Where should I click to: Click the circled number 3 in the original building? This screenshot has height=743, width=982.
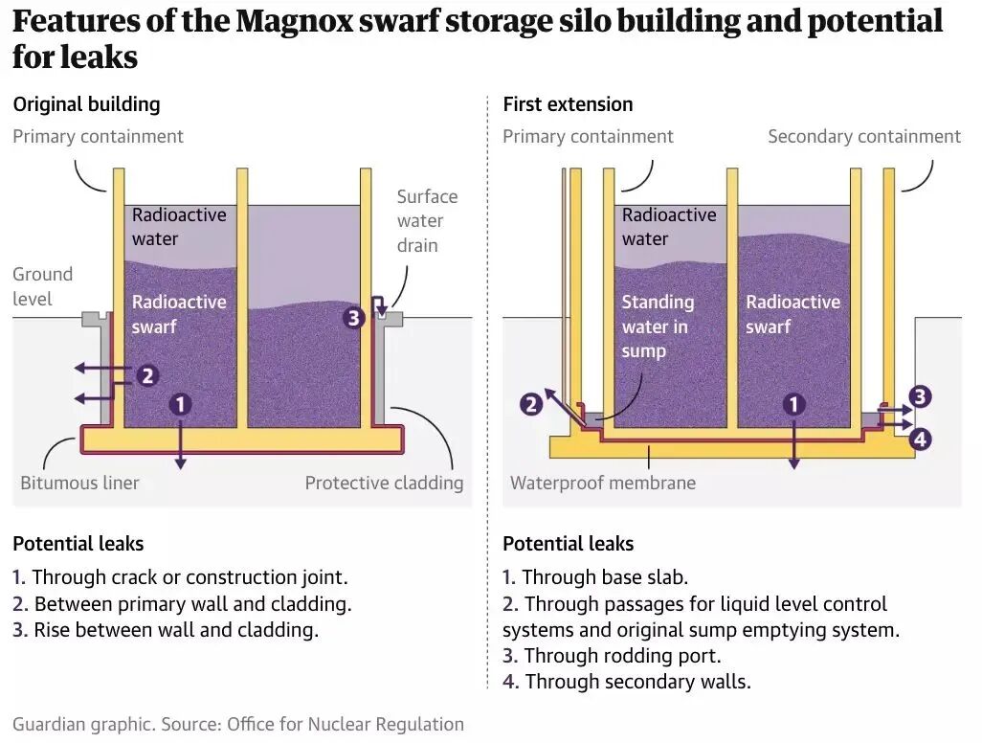point(354,317)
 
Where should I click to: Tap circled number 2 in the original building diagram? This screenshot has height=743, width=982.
point(147,375)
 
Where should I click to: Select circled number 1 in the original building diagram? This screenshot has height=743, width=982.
point(180,405)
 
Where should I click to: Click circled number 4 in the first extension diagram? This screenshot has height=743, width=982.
point(920,439)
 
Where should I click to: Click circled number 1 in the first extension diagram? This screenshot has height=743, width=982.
point(793,405)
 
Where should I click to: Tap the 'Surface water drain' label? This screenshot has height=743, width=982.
point(427,221)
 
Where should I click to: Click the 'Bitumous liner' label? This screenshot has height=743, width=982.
point(79,483)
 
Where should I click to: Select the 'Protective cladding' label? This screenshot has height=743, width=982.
point(384,483)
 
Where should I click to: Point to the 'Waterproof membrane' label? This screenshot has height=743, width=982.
point(603,483)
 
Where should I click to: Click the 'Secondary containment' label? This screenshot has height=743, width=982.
point(863,137)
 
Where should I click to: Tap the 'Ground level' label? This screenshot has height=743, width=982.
point(42,286)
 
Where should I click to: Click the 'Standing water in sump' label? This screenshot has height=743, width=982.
point(658,326)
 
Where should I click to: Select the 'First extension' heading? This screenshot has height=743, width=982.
point(568,104)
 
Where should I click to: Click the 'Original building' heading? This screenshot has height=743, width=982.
point(86,104)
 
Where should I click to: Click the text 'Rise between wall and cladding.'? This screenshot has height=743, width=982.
point(175,630)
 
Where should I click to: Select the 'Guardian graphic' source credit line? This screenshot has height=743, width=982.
point(238,724)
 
